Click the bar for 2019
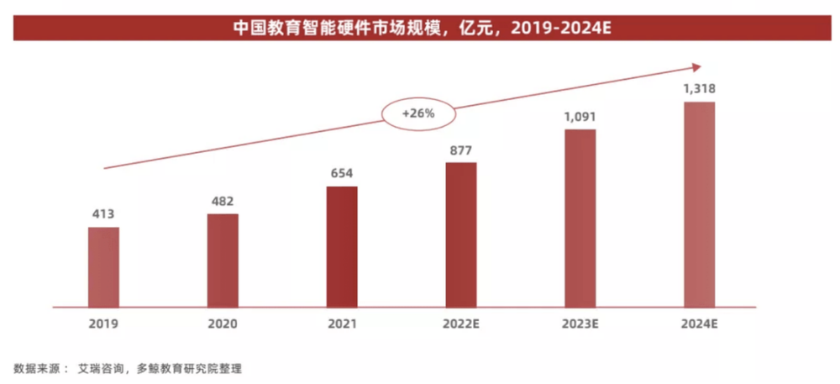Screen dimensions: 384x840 tap(103, 266)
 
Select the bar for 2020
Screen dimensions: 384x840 tap(223, 260)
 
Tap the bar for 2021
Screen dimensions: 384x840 tap(342, 246)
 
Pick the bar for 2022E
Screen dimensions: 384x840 tap(461, 234)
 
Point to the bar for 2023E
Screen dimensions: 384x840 tap(580, 218)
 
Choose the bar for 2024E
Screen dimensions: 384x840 tap(699, 204)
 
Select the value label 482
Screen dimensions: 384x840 tap(223, 202)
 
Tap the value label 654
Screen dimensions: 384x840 tap(342, 174)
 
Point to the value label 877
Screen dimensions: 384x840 tap(461, 151)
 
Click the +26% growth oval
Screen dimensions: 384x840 tap(417, 113)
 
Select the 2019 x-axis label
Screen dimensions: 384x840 tap(103, 324)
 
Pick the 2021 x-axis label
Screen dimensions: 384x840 tap(342, 324)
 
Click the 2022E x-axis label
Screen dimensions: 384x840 tap(461, 324)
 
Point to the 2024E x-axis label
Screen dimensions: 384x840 tap(699, 324)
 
